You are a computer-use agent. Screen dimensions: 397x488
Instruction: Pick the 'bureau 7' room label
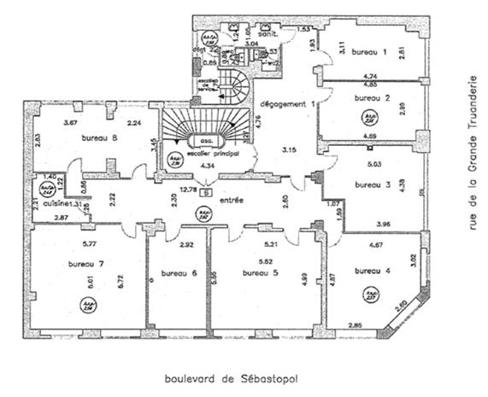tap(85, 264)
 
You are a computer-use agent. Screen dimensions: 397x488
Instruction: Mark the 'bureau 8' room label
tap(100, 137)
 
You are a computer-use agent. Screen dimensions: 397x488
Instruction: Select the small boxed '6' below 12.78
tap(206, 192)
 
